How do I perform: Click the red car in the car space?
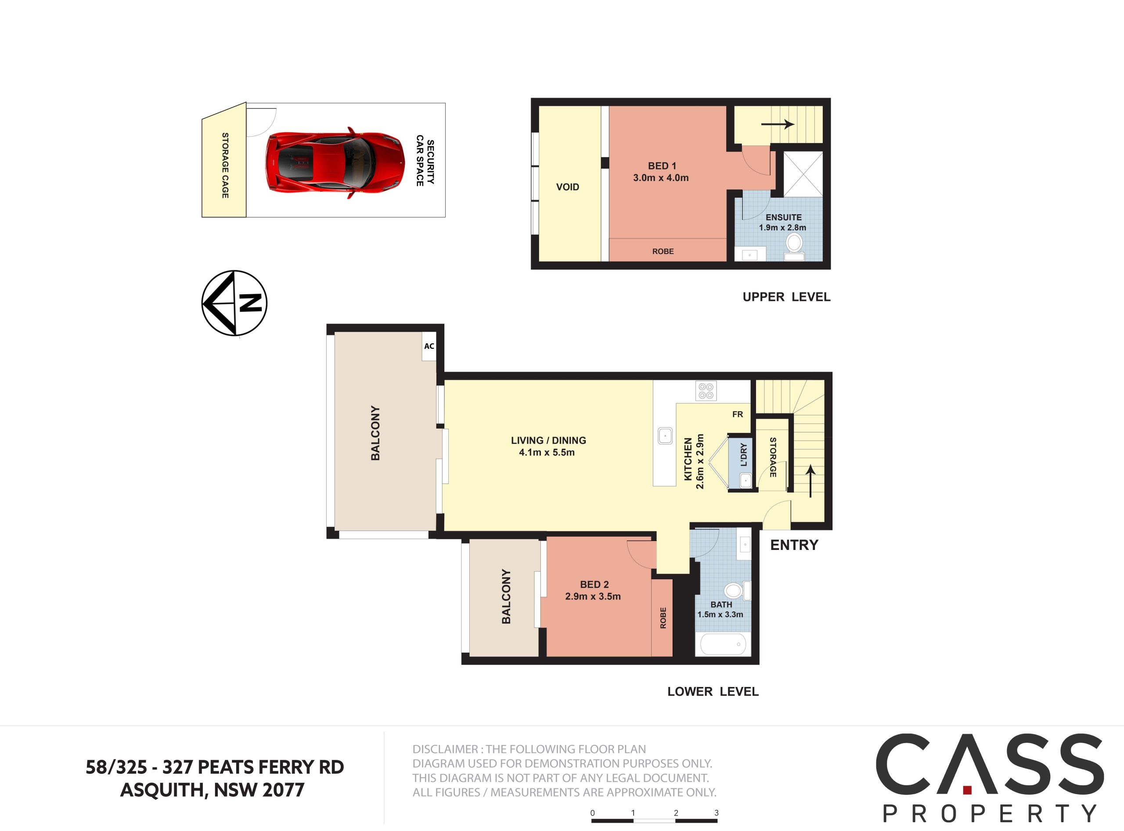pyautogui.click(x=335, y=163)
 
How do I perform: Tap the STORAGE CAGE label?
pyautogui.click(x=225, y=165)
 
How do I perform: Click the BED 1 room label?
pyautogui.click(x=662, y=166)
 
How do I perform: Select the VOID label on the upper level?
pyautogui.click(x=567, y=187)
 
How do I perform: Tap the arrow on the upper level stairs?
pyautogui.click(x=778, y=124)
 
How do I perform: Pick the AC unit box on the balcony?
pyautogui.click(x=429, y=346)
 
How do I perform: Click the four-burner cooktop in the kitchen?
pyautogui.click(x=706, y=391)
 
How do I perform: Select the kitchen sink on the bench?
pyautogui.click(x=665, y=436)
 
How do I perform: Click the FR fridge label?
pyautogui.click(x=737, y=415)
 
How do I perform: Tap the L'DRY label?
pyautogui.click(x=744, y=455)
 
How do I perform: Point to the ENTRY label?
pyautogui.click(x=794, y=545)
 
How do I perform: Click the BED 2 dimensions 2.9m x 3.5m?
pyautogui.click(x=593, y=596)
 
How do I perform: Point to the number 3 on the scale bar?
pyautogui.click(x=716, y=813)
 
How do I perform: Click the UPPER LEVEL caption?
pyautogui.click(x=786, y=297)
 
